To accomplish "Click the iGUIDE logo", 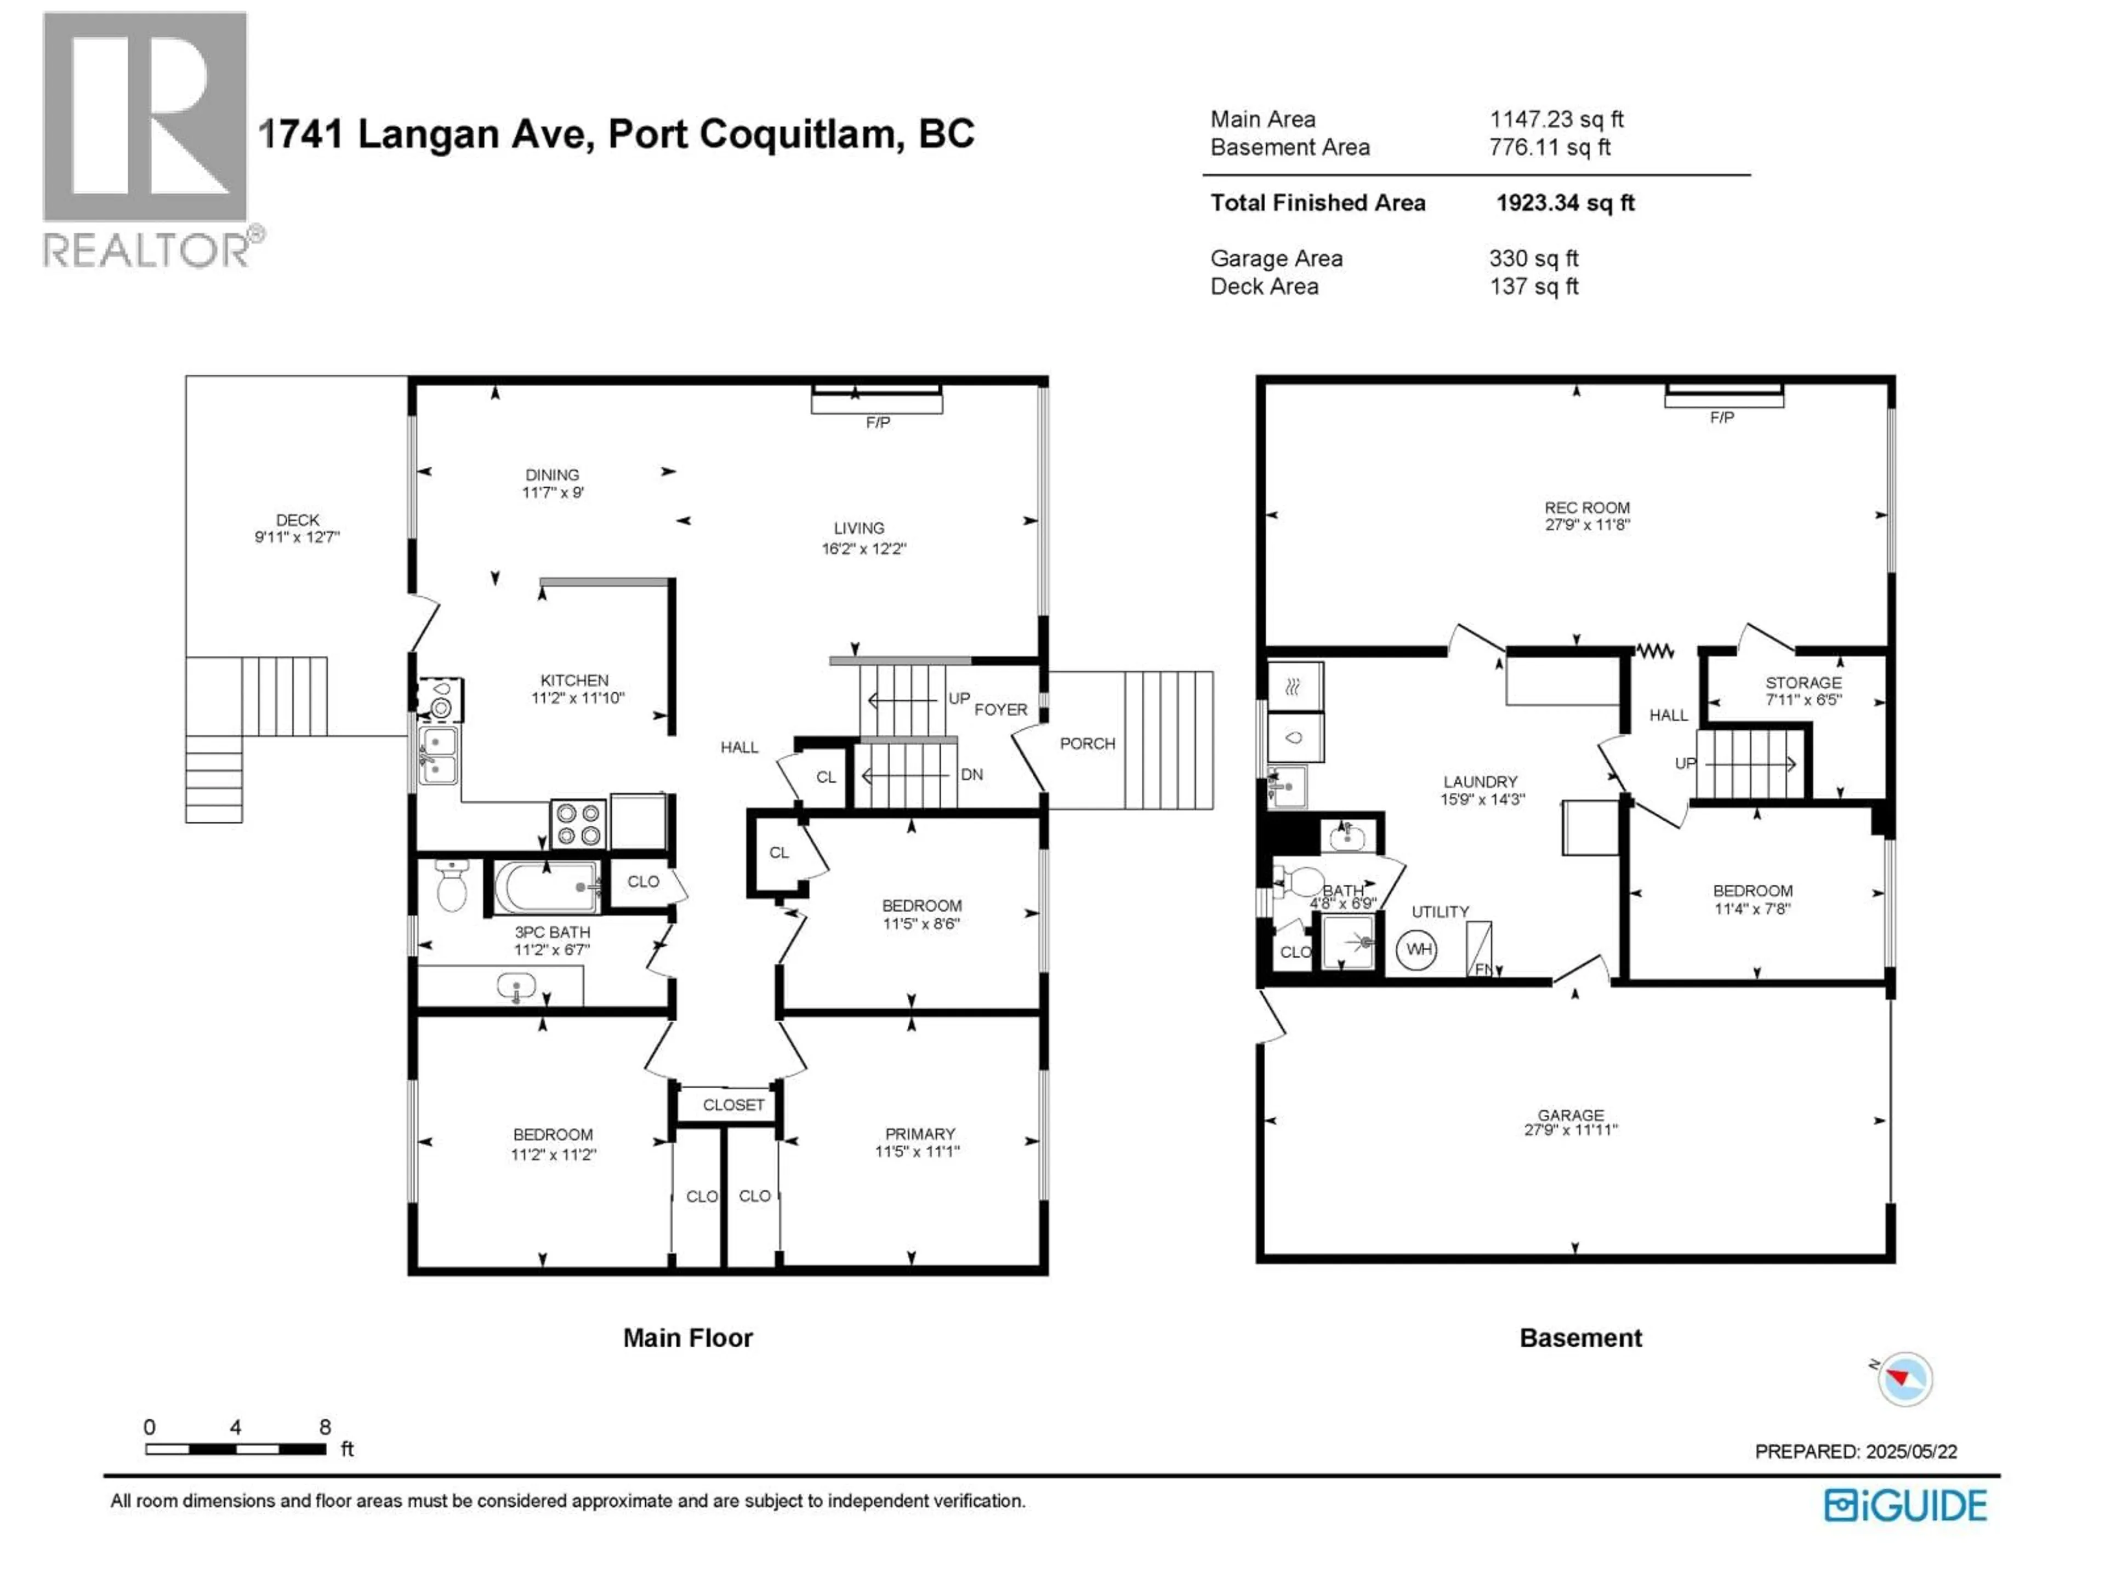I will coord(1905,1506).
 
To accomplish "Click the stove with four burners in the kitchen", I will coord(578,824).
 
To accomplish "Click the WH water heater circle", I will coord(1417,950).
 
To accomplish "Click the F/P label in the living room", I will coord(878,422).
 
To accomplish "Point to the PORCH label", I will coord(1086,744).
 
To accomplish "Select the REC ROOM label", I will coord(1586,508).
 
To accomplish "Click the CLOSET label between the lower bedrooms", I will coord(733,1104).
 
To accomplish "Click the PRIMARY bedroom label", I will coord(919,1134).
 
